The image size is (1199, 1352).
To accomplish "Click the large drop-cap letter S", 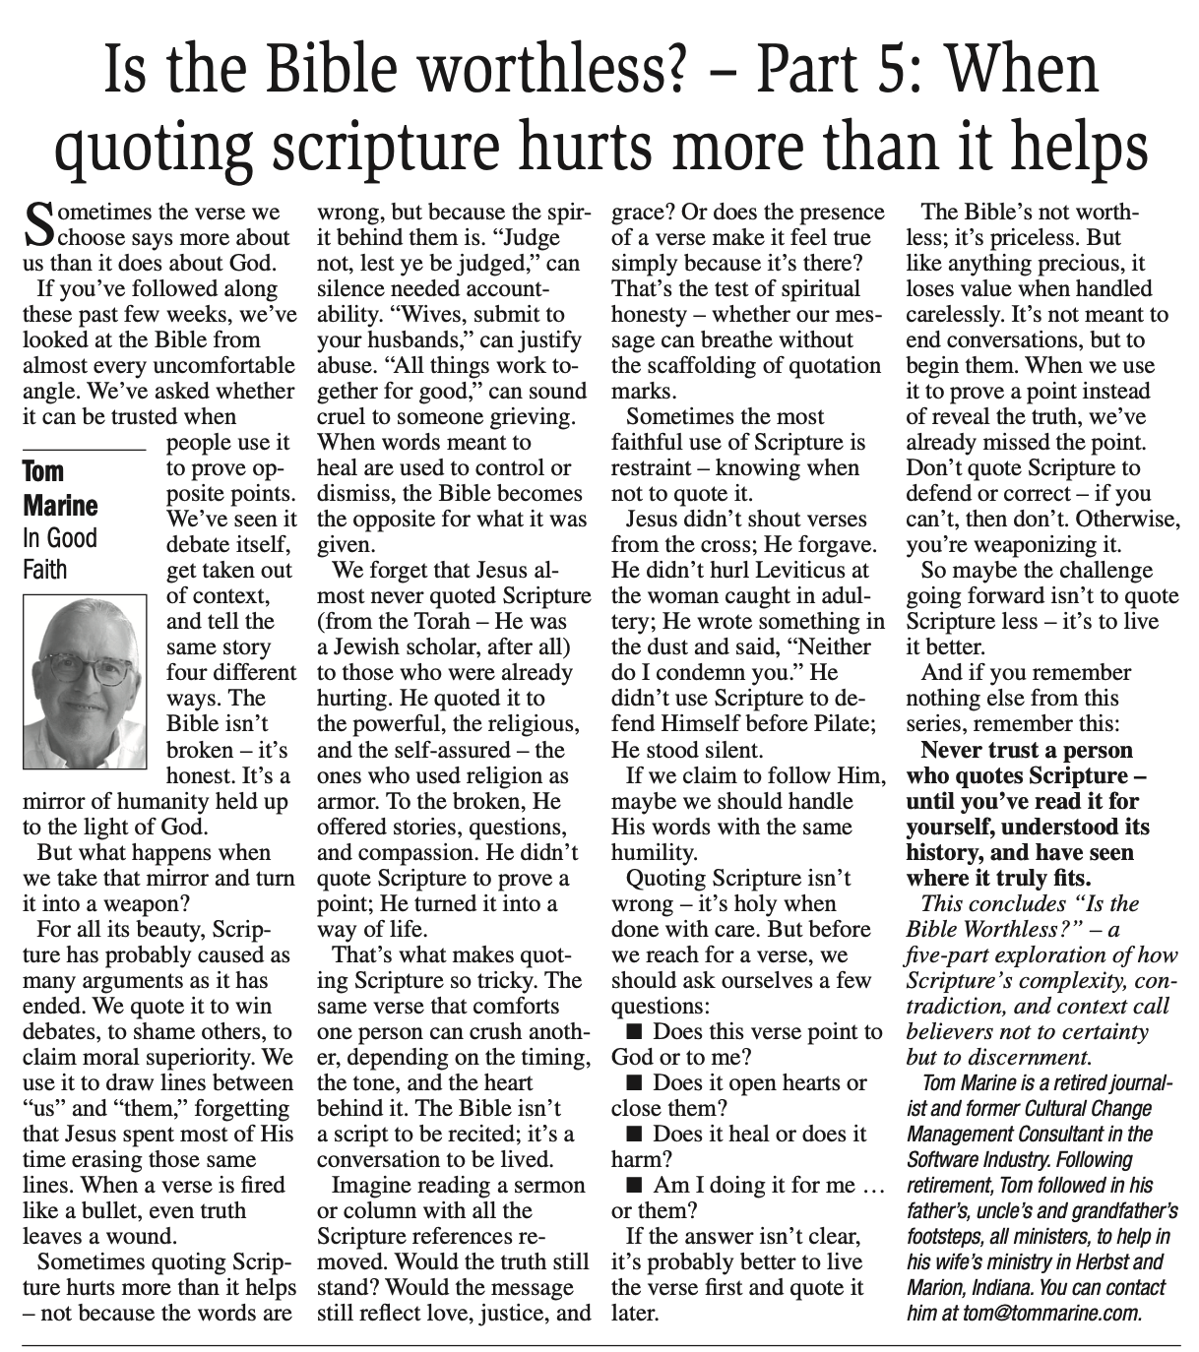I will click(x=34, y=224).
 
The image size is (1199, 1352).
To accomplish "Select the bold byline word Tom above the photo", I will click(x=42, y=471).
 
